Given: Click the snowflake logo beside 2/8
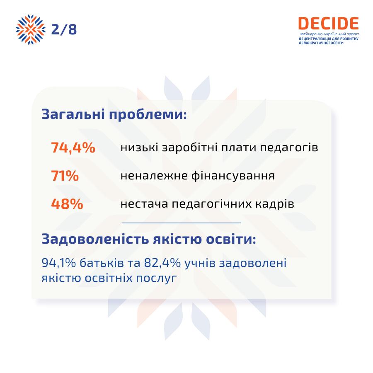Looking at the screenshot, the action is pyautogui.click(x=30, y=29).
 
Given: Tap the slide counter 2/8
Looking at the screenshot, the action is pyautogui.click(x=64, y=29).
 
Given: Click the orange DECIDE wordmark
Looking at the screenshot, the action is pyautogui.click(x=329, y=23).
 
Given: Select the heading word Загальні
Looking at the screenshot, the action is pyautogui.click(x=73, y=114).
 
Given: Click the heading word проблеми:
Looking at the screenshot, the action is pyautogui.click(x=148, y=115).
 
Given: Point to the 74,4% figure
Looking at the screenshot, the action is pyautogui.click(x=73, y=148).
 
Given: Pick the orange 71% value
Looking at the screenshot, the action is pyautogui.click(x=65, y=176).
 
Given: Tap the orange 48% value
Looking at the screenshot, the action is pyautogui.click(x=67, y=204).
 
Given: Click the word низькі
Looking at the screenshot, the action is pyautogui.click(x=139, y=147).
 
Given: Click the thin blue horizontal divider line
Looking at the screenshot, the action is pyautogui.click(x=181, y=223).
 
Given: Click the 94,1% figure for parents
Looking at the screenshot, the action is pyautogui.click(x=59, y=263).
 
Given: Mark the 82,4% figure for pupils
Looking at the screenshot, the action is pyautogui.click(x=162, y=263).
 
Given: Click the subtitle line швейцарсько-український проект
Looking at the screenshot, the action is pyautogui.click(x=329, y=34).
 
